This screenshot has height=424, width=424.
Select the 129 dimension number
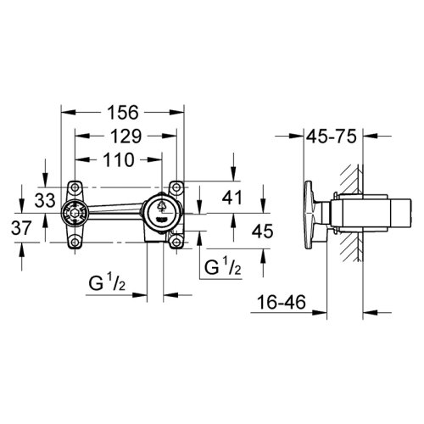point(124,136)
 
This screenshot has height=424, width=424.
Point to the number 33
point(45,199)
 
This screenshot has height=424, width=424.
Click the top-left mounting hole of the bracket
point(75,187)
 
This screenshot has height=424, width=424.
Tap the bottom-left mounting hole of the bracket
point(75,244)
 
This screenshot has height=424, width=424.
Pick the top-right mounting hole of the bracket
point(177,187)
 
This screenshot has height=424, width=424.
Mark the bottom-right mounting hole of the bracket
point(177,244)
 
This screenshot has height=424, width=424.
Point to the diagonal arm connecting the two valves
point(119,208)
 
